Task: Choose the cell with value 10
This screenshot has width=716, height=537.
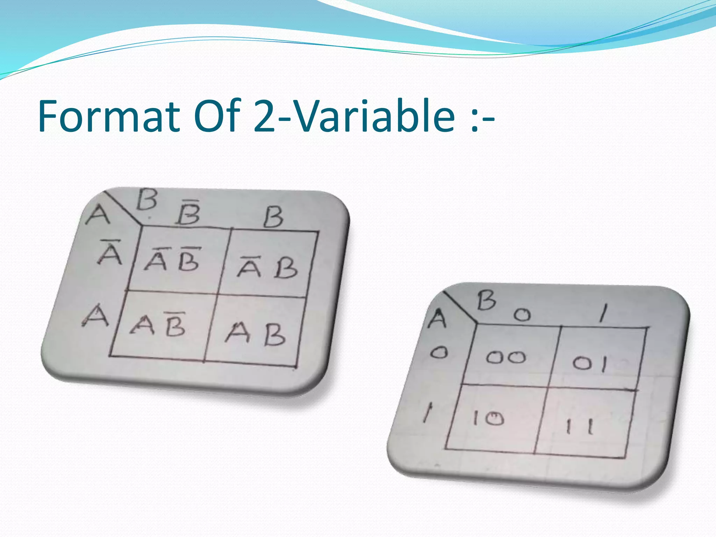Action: coord(488,418)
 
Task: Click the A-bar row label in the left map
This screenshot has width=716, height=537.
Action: coord(110,252)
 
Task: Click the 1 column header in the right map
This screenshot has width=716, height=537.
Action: coord(603,312)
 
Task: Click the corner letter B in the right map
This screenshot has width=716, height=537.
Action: coord(486,300)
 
